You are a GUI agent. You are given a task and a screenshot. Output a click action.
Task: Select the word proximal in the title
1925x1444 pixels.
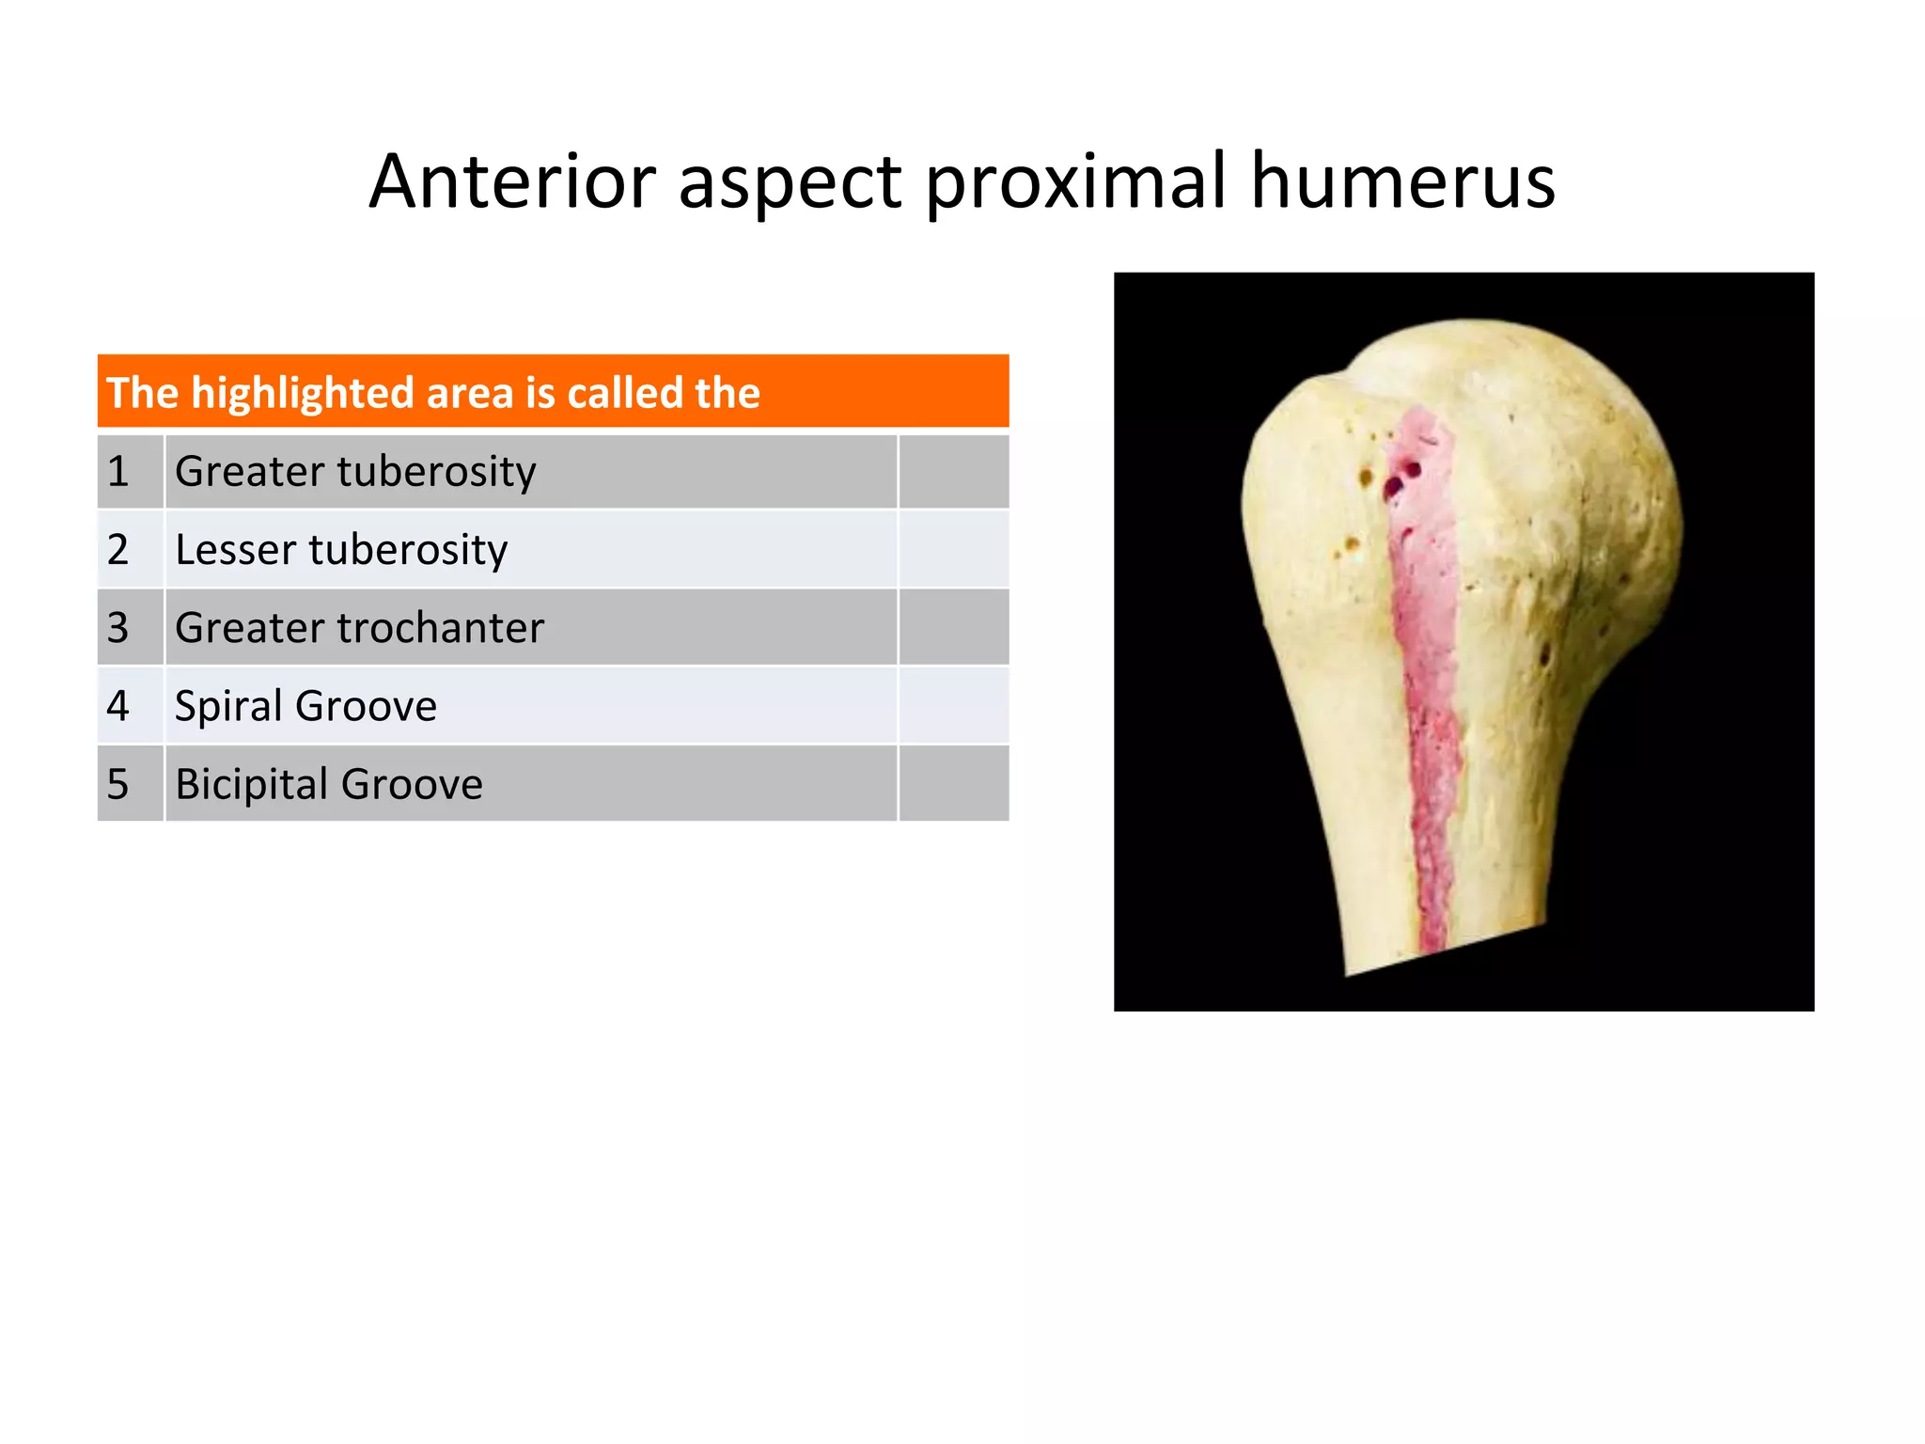1076,183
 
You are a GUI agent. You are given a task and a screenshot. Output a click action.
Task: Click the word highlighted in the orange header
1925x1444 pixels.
303,393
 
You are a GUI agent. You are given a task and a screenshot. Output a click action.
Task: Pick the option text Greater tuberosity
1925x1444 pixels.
355,471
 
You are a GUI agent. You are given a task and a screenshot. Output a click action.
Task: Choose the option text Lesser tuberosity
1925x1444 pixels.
341,549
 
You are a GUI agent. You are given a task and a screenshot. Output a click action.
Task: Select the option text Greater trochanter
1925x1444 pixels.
359,627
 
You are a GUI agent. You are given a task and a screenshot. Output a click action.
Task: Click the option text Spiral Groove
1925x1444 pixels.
305,706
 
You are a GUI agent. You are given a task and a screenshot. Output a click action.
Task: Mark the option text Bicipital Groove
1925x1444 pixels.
329,784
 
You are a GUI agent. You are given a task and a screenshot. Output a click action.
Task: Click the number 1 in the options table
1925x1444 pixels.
117,471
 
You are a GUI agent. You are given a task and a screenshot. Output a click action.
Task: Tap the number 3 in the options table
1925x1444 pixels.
117,627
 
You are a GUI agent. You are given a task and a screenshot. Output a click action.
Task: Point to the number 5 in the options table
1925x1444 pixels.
117,784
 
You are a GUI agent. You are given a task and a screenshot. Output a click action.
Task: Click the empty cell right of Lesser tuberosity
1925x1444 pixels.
953,549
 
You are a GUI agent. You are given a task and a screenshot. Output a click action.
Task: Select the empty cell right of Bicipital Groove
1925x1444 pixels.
953,784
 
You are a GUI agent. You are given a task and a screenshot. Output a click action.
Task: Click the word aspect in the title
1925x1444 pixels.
790,183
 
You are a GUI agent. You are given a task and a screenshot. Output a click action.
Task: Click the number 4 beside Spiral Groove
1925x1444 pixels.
117,706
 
